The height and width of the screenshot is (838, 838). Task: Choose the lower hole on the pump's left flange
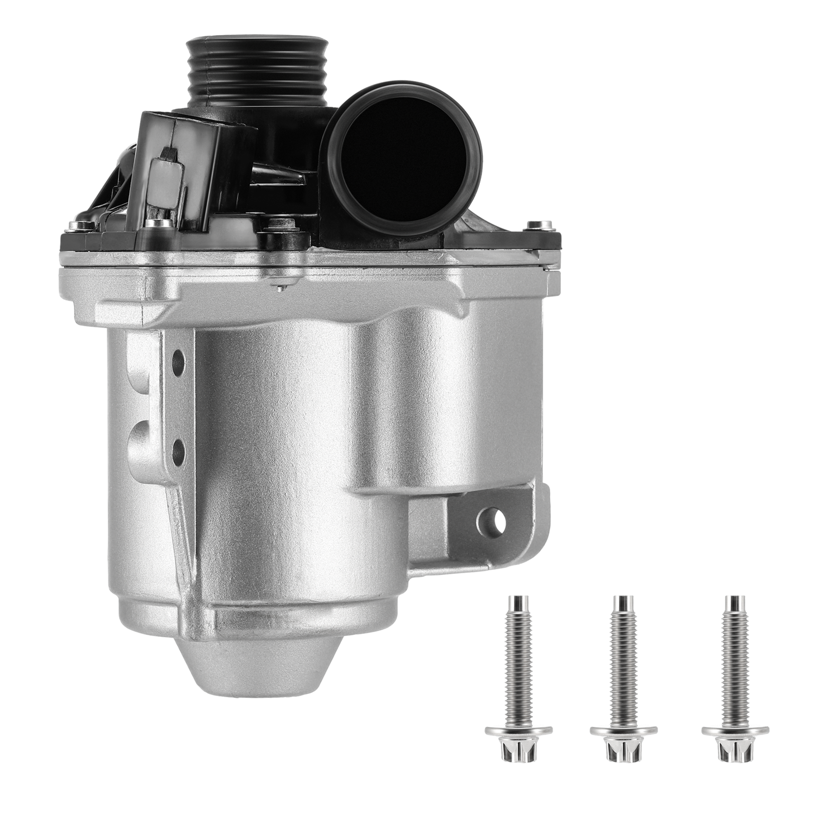click(x=178, y=447)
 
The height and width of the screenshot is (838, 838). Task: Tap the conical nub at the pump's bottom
click(x=232, y=670)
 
